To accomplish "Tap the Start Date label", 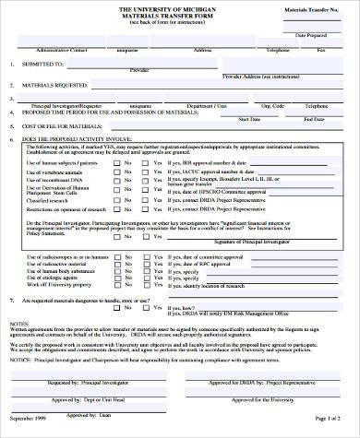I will click(x=248, y=118).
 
